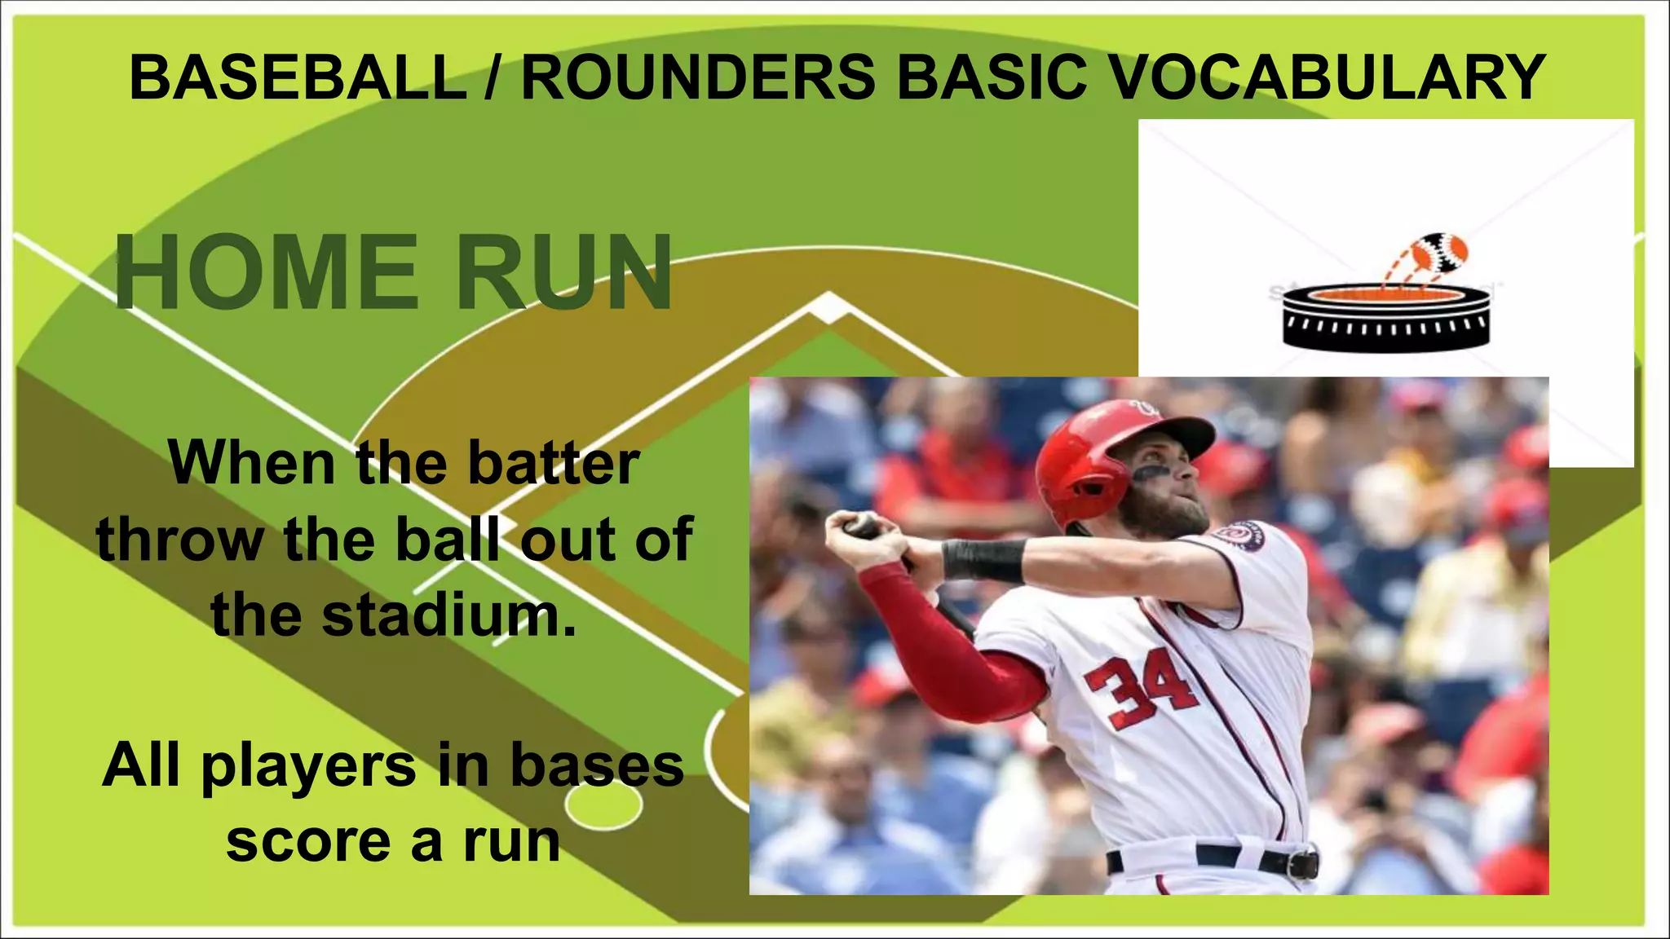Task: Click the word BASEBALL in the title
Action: point(298,77)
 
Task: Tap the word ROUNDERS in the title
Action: point(698,77)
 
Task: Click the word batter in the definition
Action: point(554,463)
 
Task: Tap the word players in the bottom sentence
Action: point(309,766)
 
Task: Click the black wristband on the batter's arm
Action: point(983,559)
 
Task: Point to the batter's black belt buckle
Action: point(1304,862)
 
